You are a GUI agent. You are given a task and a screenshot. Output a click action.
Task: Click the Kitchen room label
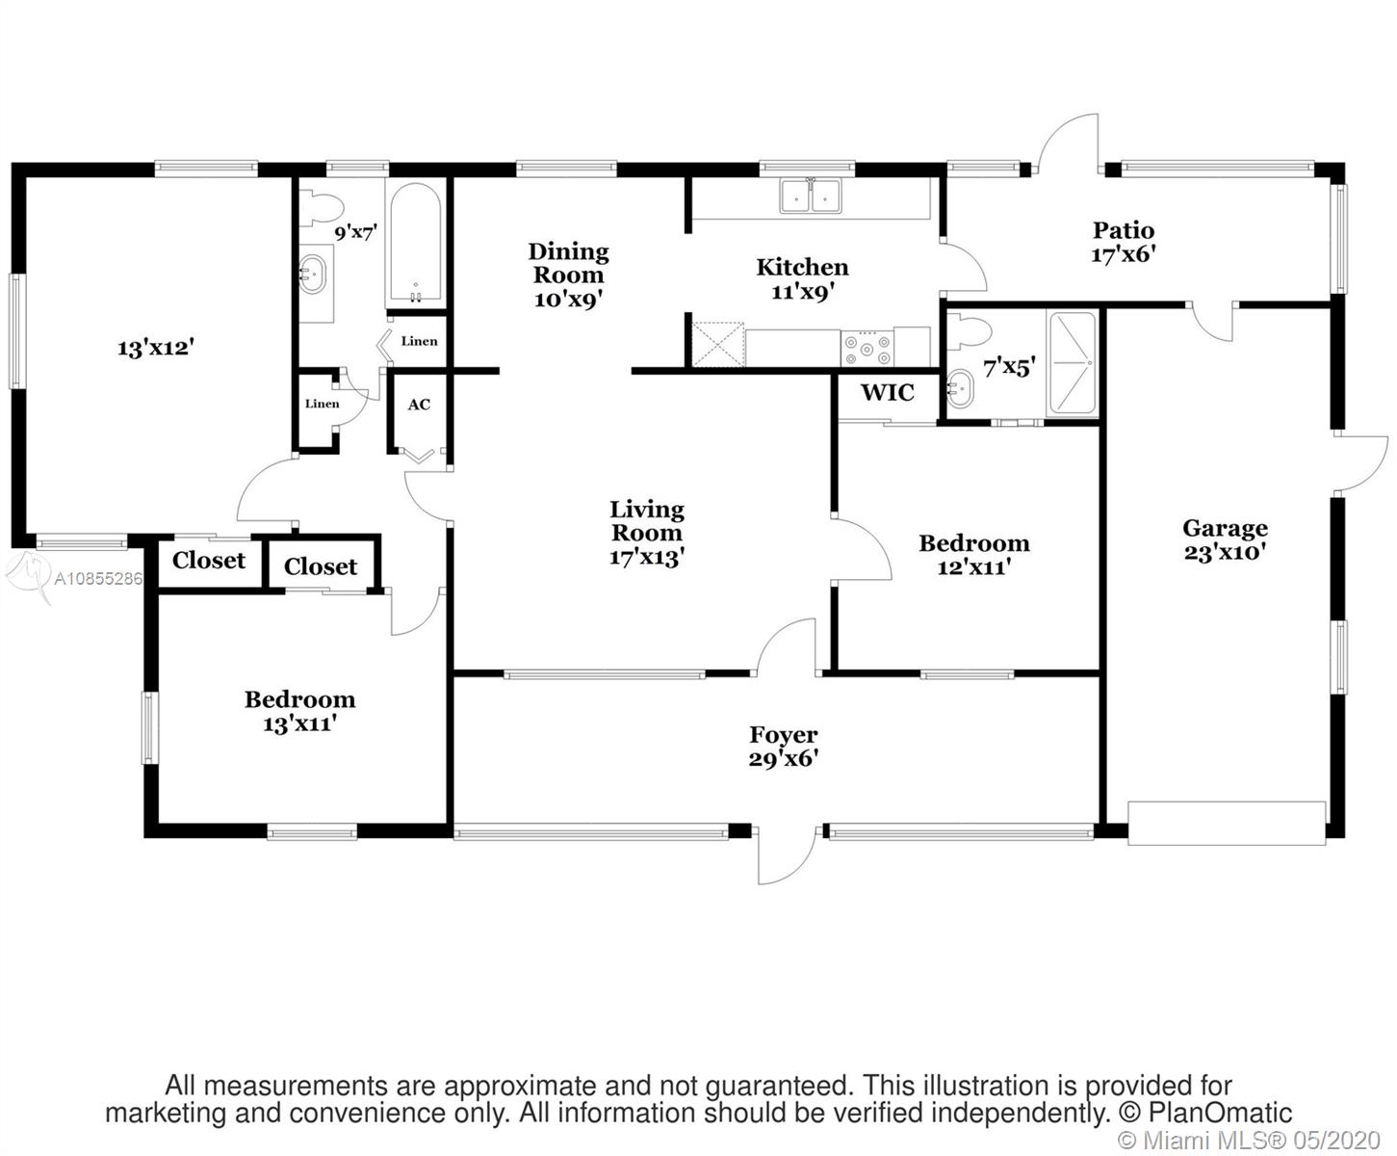[x=802, y=267]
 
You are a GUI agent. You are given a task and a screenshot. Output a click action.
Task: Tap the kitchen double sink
[x=811, y=197]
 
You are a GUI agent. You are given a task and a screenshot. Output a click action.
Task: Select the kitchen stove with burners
[x=867, y=348]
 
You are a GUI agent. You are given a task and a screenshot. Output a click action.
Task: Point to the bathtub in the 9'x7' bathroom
[x=416, y=243]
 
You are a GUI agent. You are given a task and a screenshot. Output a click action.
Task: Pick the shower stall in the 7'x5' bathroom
[x=1072, y=362]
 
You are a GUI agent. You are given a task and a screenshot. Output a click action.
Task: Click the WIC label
[x=887, y=392]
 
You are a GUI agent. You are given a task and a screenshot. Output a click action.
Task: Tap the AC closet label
[x=419, y=405]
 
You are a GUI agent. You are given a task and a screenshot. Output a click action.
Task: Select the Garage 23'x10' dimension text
[x=1225, y=552]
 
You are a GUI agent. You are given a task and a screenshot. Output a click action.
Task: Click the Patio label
[x=1124, y=230]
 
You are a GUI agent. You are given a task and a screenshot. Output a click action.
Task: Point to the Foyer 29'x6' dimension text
[x=784, y=759]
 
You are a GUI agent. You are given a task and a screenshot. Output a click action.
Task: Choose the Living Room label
[x=646, y=521]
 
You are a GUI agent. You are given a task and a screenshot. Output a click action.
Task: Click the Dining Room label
[x=569, y=263]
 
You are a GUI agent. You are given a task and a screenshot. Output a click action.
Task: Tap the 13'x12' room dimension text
[x=156, y=348]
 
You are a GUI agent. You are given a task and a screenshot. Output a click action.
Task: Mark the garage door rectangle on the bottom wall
[x=1227, y=823]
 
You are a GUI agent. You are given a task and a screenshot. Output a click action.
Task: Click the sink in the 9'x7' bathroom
[x=312, y=274]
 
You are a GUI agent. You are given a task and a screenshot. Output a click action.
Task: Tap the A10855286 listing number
[x=97, y=578]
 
